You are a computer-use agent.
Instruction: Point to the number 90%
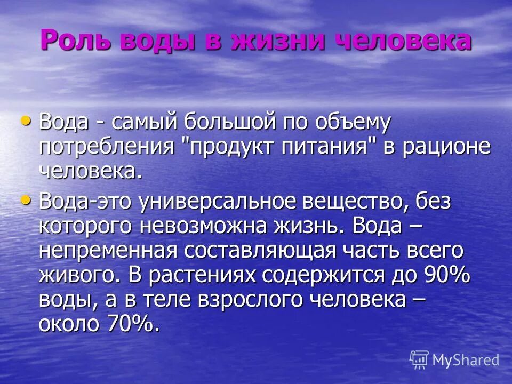pyautogui.click(x=446, y=275)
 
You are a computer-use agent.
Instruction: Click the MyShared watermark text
pyautogui.click(x=466, y=360)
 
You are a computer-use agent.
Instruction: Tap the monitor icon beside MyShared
pyautogui.click(x=419, y=359)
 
